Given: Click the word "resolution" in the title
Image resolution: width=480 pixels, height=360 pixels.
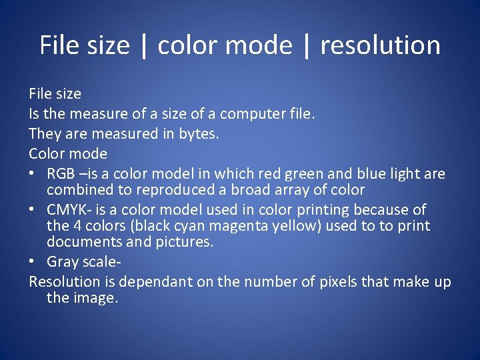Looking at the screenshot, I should click(380, 45).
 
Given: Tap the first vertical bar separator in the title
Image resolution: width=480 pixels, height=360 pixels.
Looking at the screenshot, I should click(144, 45).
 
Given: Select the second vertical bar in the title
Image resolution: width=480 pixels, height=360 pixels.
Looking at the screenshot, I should click(307, 45).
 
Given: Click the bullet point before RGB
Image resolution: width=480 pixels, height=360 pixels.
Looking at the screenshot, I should click(34, 175).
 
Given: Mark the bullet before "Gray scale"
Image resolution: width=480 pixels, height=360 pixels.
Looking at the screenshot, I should click(34, 262).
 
